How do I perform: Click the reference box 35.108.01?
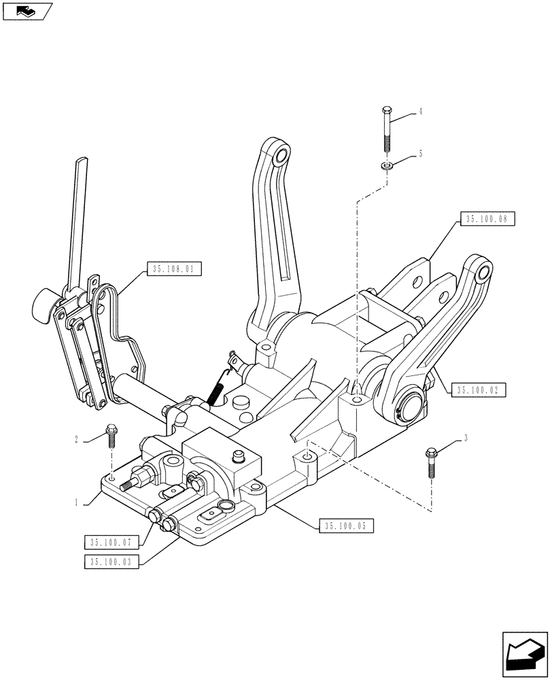click(x=173, y=269)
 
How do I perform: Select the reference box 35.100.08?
click(x=487, y=219)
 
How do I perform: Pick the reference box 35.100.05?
click(x=345, y=526)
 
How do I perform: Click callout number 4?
click(x=421, y=110)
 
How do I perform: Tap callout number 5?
click(x=421, y=154)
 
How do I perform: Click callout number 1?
click(x=80, y=503)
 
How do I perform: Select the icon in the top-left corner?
click(x=27, y=11)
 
